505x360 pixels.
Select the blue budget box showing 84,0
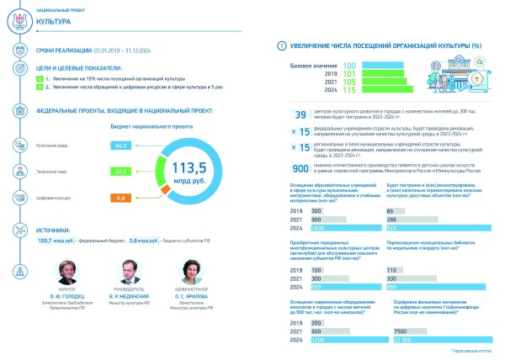click(x=121, y=146)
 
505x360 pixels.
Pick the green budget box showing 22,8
click(x=121, y=172)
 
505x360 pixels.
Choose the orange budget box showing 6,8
click(x=121, y=198)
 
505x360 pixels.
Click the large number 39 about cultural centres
click(x=300, y=115)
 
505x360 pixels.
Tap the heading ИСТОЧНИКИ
click(x=59, y=228)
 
